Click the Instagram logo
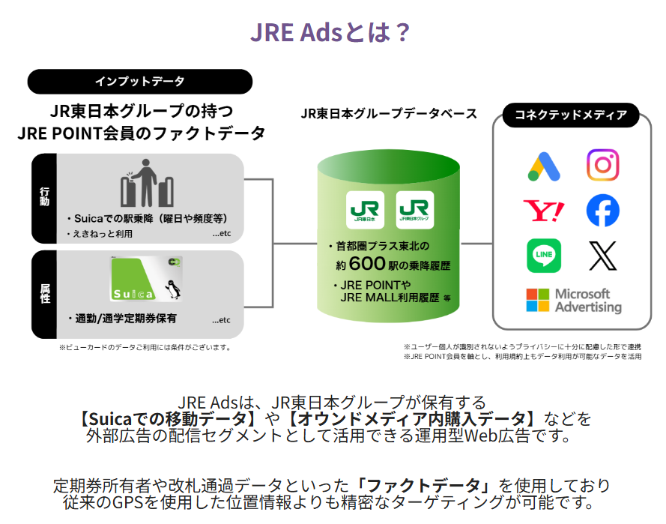coord(603,165)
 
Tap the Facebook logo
coord(603,211)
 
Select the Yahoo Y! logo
coord(544,211)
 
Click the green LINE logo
coord(544,256)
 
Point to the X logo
coord(603,256)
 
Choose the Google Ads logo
coord(544,166)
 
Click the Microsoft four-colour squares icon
coord(538,300)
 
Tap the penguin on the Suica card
coord(173,289)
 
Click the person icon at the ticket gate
coord(145,183)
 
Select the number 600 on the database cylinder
coord(367,263)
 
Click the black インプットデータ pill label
coord(140,81)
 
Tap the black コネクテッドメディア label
coord(571,115)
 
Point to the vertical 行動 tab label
coord(45,197)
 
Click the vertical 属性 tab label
coord(45,294)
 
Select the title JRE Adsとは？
coord(330,32)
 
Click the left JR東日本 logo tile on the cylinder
coord(365,210)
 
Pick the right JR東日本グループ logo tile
coord(414,210)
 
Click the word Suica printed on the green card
coord(133,294)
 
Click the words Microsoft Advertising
coord(588,300)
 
